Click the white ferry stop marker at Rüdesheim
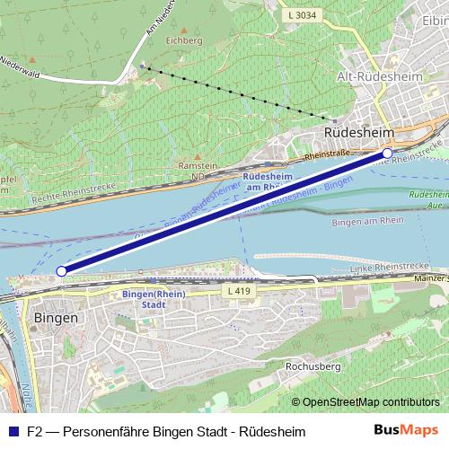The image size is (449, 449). [x=388, y=154]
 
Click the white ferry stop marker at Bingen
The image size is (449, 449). [x=61, y=270]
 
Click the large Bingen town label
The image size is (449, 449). [x=56, y=319]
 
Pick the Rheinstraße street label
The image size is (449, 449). [x=326, y=155]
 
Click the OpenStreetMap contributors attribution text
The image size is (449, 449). [x=370, y=401]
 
